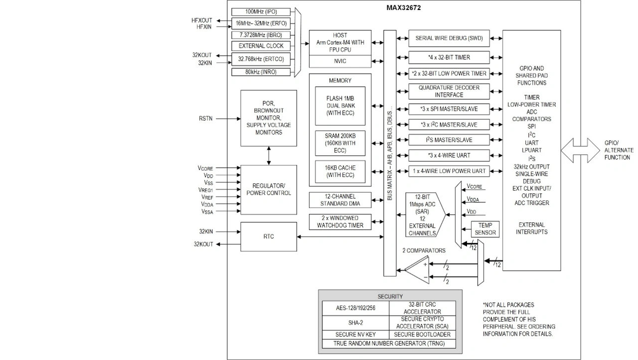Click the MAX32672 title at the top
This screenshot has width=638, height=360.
(x=404, y=8)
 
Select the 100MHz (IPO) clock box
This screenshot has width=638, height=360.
(x=261, y=11)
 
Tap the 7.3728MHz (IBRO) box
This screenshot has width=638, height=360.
(x=261, y=35)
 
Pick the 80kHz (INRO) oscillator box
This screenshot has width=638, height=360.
(x=261, y=72)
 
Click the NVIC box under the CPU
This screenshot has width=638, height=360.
(x=340, y=61)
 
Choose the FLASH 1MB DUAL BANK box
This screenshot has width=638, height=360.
(x=340, y=106)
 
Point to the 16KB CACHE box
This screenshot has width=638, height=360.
(x=340, y=170)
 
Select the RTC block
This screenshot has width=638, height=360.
(x=269, y=236)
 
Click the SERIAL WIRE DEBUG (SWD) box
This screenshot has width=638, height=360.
(x=449, y=38)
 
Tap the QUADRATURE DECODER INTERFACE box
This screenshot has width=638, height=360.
(x=449, y=91)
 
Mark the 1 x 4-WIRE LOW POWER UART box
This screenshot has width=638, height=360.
(x=449, y=171)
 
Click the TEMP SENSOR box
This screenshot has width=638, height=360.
(x=485, y=229)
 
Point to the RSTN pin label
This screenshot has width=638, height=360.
(x=205, y=119)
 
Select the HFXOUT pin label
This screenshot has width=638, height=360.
(x=201, y=20)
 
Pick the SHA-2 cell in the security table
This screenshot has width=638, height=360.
(x=355, y=323)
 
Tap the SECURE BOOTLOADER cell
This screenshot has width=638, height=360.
(x=422, y=334)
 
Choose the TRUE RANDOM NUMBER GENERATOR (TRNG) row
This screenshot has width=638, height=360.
(x=389, y=344)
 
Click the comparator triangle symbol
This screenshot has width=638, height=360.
(x=417, y=270)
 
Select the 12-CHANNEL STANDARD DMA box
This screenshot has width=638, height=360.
(x=340, y=200)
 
